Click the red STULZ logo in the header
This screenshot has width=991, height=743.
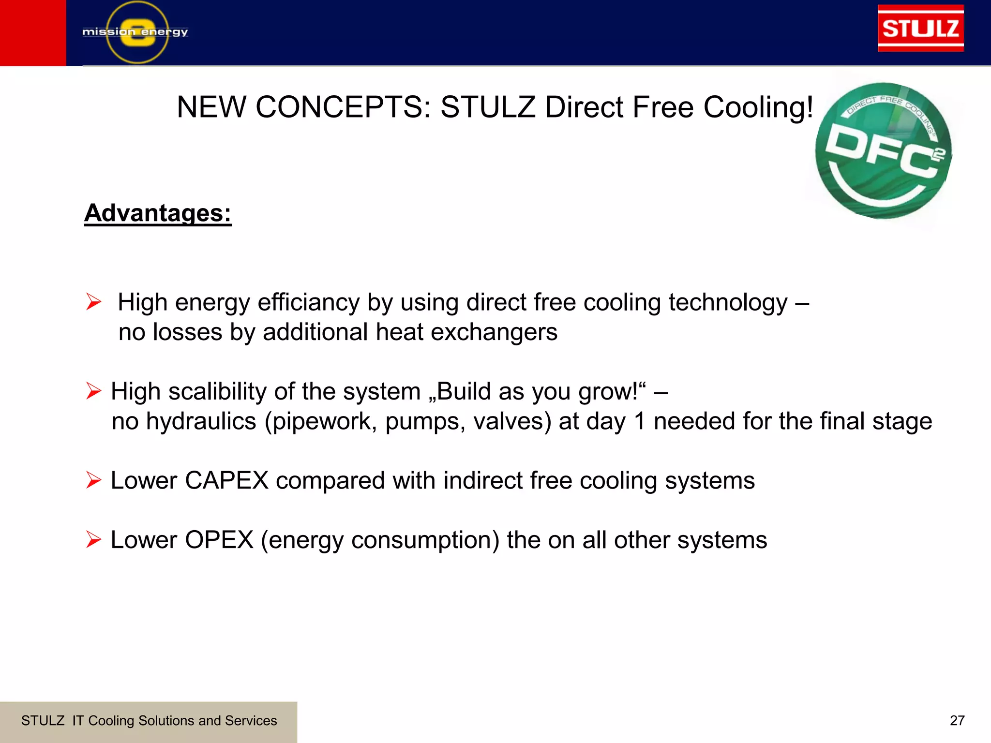[920, 28]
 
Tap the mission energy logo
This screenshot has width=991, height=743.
[135, 32]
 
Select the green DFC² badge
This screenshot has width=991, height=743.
[884, 151]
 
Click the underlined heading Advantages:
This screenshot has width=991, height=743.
[158, 213]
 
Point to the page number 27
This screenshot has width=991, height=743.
[957, 721]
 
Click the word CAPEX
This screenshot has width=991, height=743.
[226, 481]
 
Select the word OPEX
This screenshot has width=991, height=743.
[219, 540]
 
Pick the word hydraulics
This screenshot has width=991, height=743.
[201, 421]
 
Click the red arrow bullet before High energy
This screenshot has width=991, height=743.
[93, 302]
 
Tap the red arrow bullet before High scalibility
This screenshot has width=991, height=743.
[93, 391]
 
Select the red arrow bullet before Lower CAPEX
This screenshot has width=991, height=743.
[93, 480]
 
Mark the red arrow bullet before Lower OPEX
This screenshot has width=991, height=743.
[93, 540]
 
